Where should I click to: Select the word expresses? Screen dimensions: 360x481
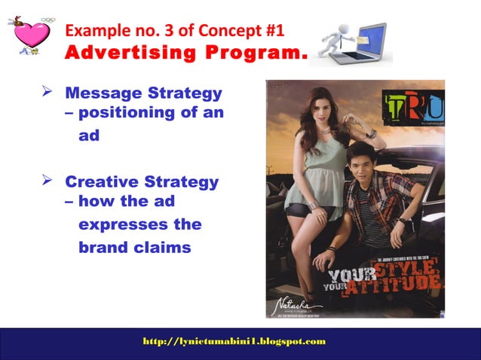pyautogui.click(x=140, y=224)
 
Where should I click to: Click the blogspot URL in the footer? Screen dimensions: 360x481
pyautogui.click(x=234, y=341)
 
